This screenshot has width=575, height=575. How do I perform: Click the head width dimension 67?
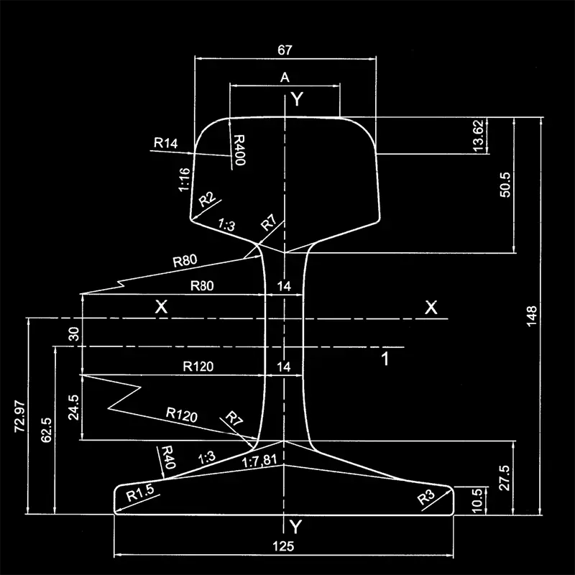(x=285, y=50)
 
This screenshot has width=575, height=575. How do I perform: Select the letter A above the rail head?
(x=285, y=76)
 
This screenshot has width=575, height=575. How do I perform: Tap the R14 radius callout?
(x=165, y=143)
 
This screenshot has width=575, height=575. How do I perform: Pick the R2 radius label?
(x=207, y=199)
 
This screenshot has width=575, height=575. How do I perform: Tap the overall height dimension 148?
(x=531, y=316)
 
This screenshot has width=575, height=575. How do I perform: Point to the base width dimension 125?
(x=284, y=546)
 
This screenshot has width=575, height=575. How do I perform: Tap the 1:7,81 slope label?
(x=259, y=461)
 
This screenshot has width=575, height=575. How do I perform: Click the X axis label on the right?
(x=431, y=308)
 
